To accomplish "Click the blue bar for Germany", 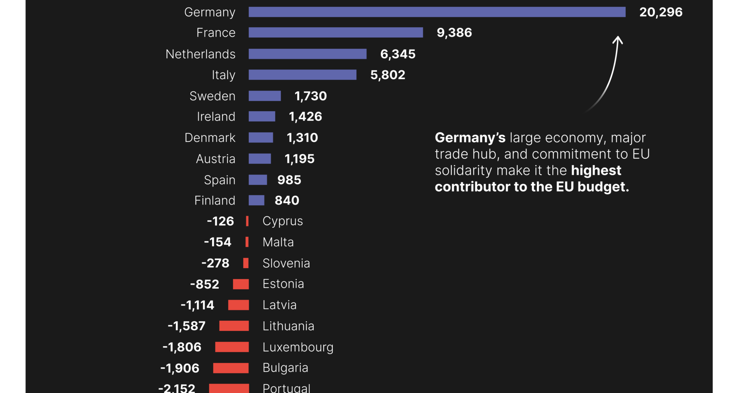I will click(x=437, y=12).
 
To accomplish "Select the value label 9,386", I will click(x=454, y=33).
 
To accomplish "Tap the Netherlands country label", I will click(x=200, y=54).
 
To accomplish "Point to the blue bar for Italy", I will click(x=303, y=75).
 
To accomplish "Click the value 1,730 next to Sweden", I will click(x=311, y=96).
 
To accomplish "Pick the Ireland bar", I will click(x=262, y=117).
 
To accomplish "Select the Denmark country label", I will click(x=210, y=138).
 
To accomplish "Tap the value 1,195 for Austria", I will click(x=299, y=159).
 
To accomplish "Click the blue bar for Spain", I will click(x=258, y=180).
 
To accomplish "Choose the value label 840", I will click(x=287, y=200).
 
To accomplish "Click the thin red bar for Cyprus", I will click(x=247, y=221).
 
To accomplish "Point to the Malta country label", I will click(x=278, y=242).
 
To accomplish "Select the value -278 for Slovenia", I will click(x=215, y=263).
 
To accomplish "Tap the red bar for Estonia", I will click(x=241, y=284).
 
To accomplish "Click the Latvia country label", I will click(x=279, y=305).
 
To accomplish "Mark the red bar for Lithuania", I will click(x=234, y=326).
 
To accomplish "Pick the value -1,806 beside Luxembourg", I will click(x=182, y=347).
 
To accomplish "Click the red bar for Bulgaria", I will click(x=231, y=368).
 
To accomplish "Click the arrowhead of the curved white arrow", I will click(x=618, y=39).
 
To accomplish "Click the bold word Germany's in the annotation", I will click(x=470, y=138).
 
